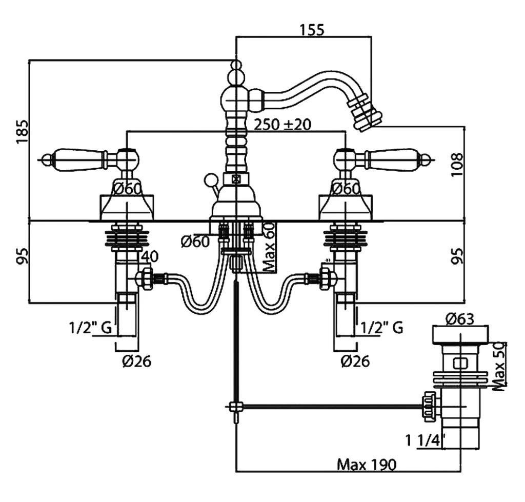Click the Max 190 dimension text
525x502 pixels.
tap(367, 465)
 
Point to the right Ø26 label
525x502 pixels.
tap(355, 361)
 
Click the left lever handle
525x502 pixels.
tap(77, 159)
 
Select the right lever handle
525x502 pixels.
tap(397, 159)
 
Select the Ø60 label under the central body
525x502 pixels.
tap(195, 241)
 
